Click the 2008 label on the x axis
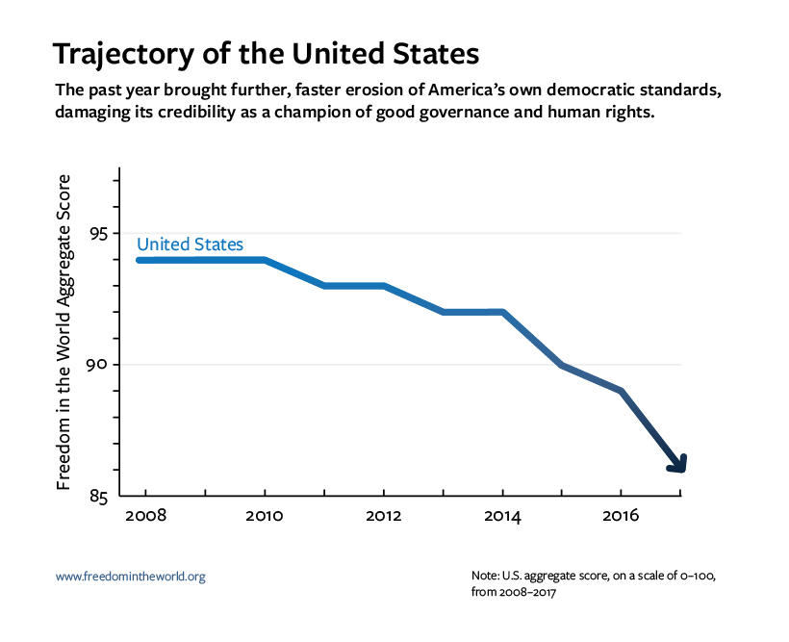pyautogui.click(x=145, y=518)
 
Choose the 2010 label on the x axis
pyautogui.click(x=264, y=518)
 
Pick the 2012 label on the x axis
pyautogui.click(x=383, y=518)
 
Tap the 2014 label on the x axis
pyautogui.click(x=502, y=518)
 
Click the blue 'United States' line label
pyautogui.click(x=190, y=244)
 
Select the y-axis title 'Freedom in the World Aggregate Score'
pyautogui.click(x=64, y=332)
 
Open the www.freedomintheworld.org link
pyautogui.click(x=131, y=577)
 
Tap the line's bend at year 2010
pyautogui.click(x=264, y=260)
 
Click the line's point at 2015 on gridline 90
pyautogui.click(x=562, y=365)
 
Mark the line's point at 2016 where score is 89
pyautogui.click(x=622, y=391)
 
